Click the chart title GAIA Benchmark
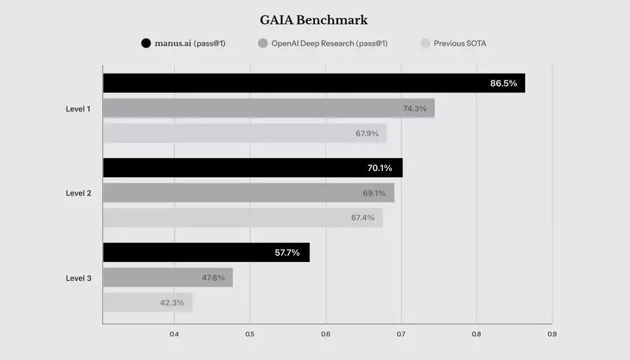click(x=314, y=20)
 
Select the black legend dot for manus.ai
click(x=146, y=43)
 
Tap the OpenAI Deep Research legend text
click(x=330, y=43)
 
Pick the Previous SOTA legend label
click(x=459, y=43)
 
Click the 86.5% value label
click(x=503, y=83)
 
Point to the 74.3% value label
click(x=414, y=109)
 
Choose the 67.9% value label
click(x=367, y=134)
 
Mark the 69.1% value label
click(x=374, y=193)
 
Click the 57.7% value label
click(x=287, y=253)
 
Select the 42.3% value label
click(x=171, y=303)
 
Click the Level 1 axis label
click(x=78, y=109)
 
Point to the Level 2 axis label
click(x=78, y=193)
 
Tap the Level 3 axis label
click(x=78, y=278)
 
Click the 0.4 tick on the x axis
click(x=174, y=334)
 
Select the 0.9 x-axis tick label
click(x=552, y=334)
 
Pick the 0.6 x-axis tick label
click(x=325, y=334)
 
